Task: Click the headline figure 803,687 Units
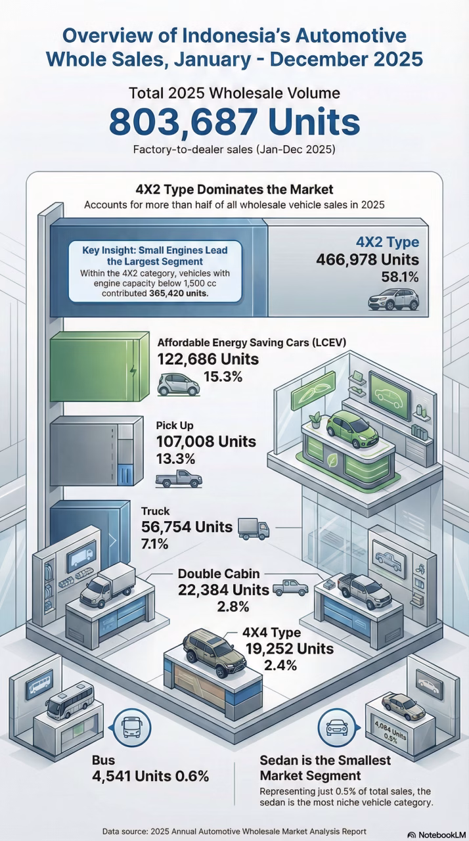[x=234, y=122]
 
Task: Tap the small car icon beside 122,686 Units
[x=179, y=384]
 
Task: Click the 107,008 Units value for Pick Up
[x=206, y=442]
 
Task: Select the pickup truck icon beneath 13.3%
[x=179, y=478]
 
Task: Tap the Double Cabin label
[x=219, y=574]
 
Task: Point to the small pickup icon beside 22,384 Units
[x=290, y=588]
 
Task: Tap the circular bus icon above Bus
[x=130, y=726]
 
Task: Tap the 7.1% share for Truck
[x=155, y=543]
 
